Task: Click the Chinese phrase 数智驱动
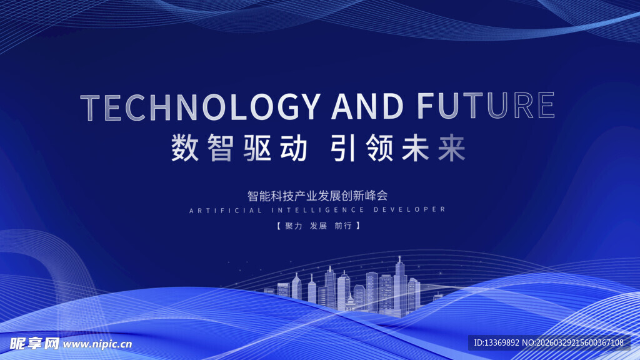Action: pyautogui.click(x=239, y=149)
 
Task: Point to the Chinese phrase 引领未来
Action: pyautogui.click(x=399, y=149)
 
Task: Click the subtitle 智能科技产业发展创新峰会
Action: pyautogui.click(x=317, y=195)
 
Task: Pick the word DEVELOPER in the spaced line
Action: pyautogui.click(x=409, y=210)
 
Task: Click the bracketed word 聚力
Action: pyautogui.click(x=293, y=226)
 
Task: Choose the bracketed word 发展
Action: pyautogui.click(x=318, y=226)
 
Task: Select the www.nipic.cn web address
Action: pyautogui.click(x=97, y=344)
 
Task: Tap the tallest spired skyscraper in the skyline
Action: pyautogui.click(x=400, y=284)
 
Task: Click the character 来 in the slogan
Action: pyautogui.click(x=451, y=149)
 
